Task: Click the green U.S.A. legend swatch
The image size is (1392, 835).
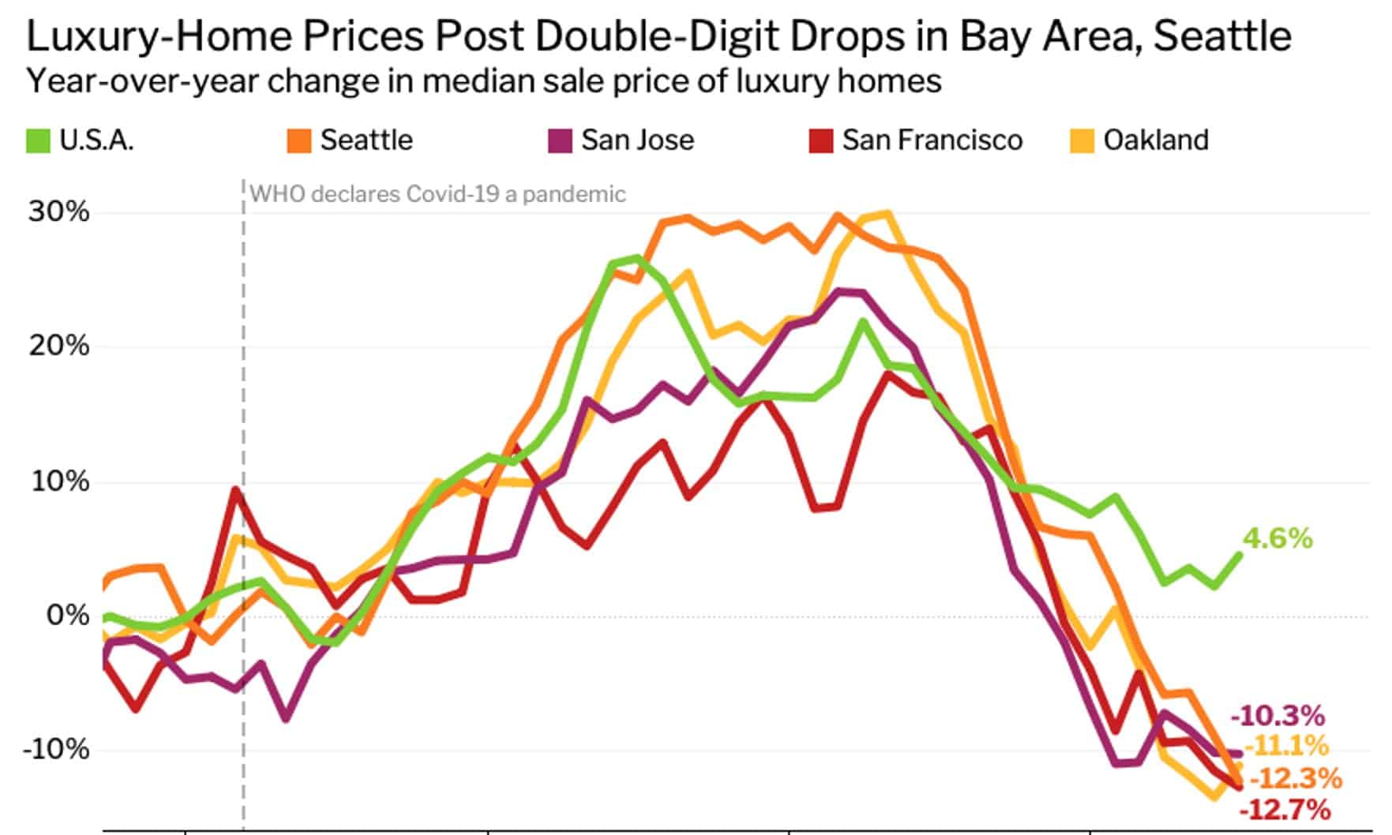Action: tap(39, 141)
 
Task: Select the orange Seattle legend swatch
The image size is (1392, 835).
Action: tap(299, 141)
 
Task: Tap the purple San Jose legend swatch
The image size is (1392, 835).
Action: tap(560, 141)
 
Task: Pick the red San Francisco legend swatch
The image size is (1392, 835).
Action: tap(820, 141)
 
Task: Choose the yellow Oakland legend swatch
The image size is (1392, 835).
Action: tap(1082, 141)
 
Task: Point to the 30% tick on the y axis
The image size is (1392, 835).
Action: tap(59, 212)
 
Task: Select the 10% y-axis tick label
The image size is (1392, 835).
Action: tap(59, 481)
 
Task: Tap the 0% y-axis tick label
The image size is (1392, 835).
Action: tap(67, 615)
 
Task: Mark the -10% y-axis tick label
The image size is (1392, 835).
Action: tap(55, 749)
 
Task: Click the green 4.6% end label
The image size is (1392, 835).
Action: tap(1278, 539)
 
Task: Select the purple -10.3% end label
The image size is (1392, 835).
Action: tap(1277, 716)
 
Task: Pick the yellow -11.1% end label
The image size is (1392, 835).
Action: tap(1286, 746)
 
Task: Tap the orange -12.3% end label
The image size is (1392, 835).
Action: tap(1296, 778)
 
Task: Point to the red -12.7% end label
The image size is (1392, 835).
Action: tap(1285, 810)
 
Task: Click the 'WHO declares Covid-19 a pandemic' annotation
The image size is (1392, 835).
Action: tap(438, 194)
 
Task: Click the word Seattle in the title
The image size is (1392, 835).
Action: tap(1222, 36)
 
